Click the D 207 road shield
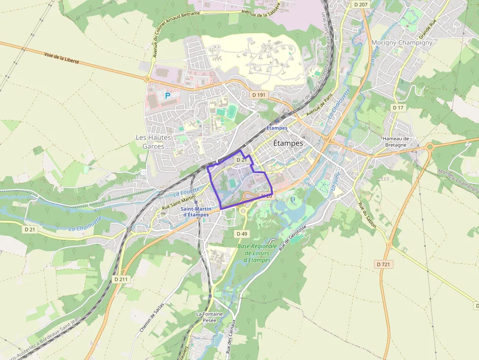[360, 4]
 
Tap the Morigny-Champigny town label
[402, 42]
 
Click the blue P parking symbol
[168, 96]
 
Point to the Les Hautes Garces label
[153, 142]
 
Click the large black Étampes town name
[288, 143]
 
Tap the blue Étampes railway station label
[277, 128]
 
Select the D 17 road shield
[398, 107]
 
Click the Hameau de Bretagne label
[395, 142]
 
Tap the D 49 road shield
[242, 234]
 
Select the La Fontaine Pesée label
[209, 317]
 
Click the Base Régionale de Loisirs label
[257, 253]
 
